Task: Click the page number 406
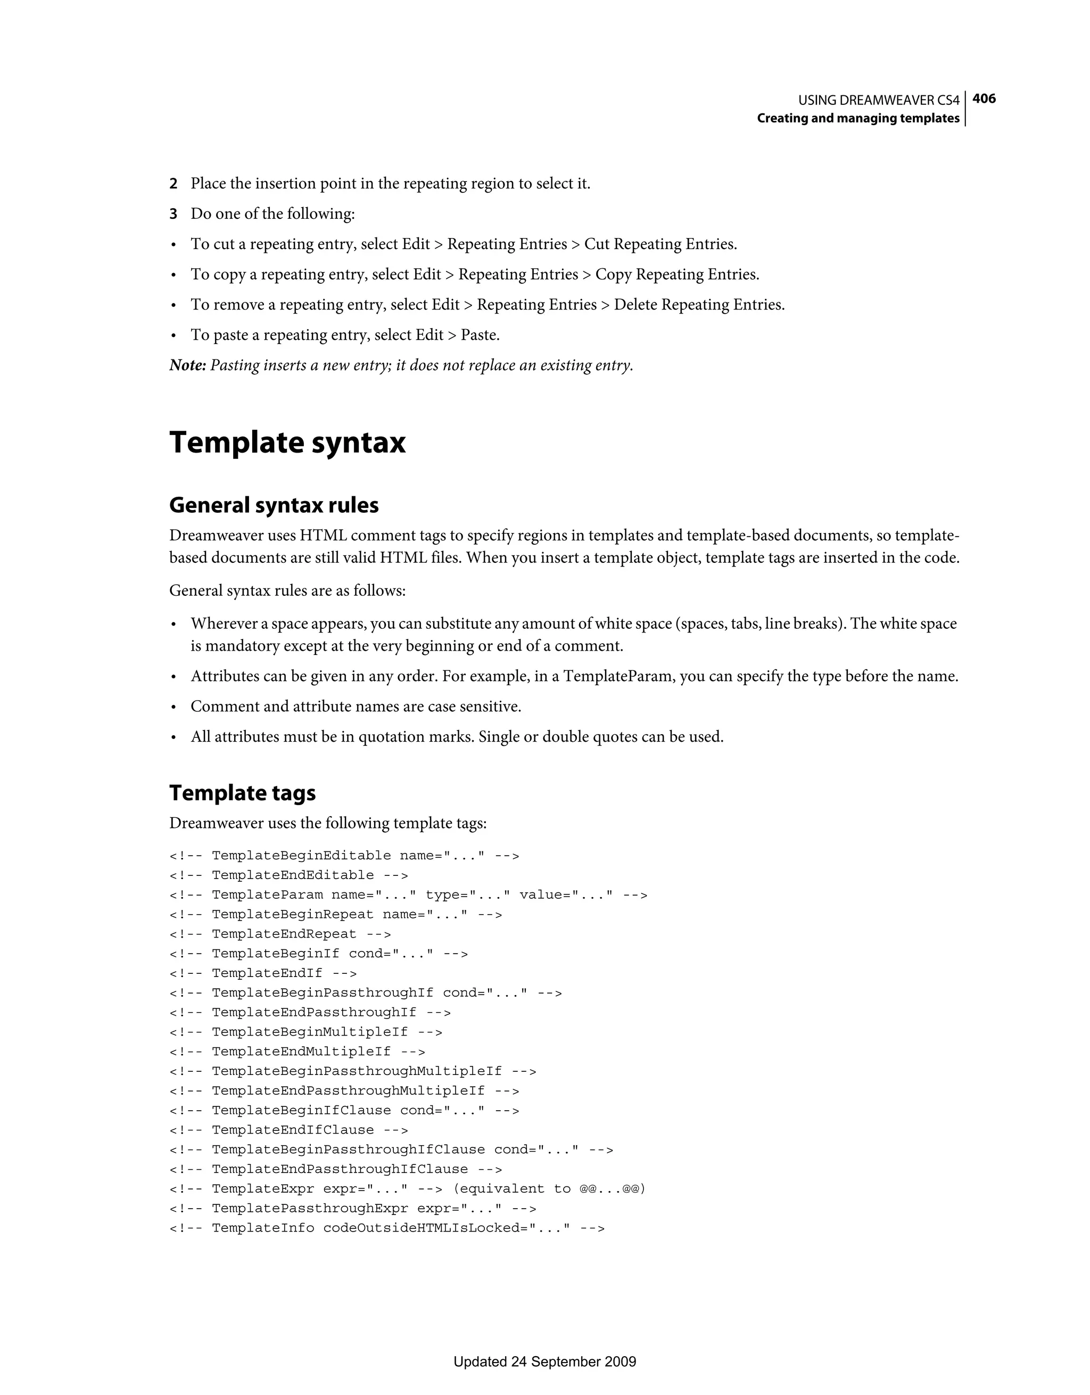coord(984,99)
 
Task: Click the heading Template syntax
coord(287,442)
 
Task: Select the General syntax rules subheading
coord(274,505)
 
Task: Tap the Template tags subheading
coord(243,793)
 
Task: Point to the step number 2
coord(173,184)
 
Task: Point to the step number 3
coord(173,214)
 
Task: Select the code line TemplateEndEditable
coord(288,875)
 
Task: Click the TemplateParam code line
coord(409,895)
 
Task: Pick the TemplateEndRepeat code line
coord(280,934)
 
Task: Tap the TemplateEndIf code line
coord(263,973)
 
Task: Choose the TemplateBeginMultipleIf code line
coord(306,1031)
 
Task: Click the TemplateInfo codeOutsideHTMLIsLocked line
coord(387,1228)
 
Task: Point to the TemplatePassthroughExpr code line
coord(352,1208)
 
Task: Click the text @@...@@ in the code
coord(612,1189)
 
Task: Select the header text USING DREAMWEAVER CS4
coord(879,100)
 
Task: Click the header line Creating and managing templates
coord(858,118)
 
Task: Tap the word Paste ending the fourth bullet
coord(479,335)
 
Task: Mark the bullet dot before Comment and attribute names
coord(173,708)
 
